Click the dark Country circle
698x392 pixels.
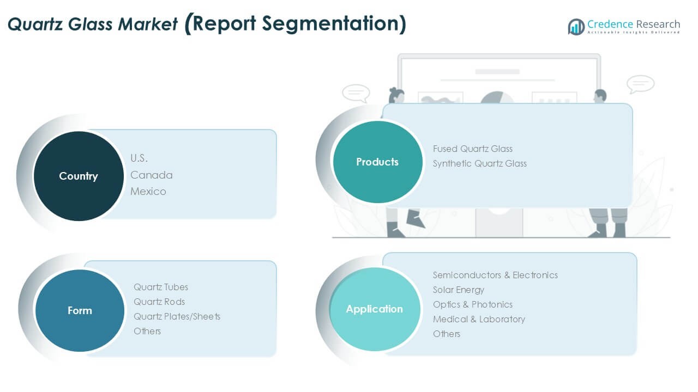(79, 176)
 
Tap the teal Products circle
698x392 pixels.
(377, 162)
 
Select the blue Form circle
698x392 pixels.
(80, 310)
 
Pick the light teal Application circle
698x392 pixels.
(375, 309)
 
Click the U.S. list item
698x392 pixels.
(139, 158)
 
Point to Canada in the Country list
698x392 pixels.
(152, 175)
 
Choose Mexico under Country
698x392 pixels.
(148, 192)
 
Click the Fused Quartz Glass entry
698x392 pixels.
(473, 149)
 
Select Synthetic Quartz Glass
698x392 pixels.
(480, 163)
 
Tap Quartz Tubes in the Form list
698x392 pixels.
(161, 287)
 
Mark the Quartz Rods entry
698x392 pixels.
(159, 302)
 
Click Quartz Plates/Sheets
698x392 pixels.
(177, 316)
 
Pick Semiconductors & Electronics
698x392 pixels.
(495, 275)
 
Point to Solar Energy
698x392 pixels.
(459, 290)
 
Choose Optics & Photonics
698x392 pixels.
(473, 304)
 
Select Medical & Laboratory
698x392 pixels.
(479, 319)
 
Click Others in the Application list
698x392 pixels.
(447, 334)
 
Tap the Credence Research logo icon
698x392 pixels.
(576, 26)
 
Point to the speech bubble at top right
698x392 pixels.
(640, 84)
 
